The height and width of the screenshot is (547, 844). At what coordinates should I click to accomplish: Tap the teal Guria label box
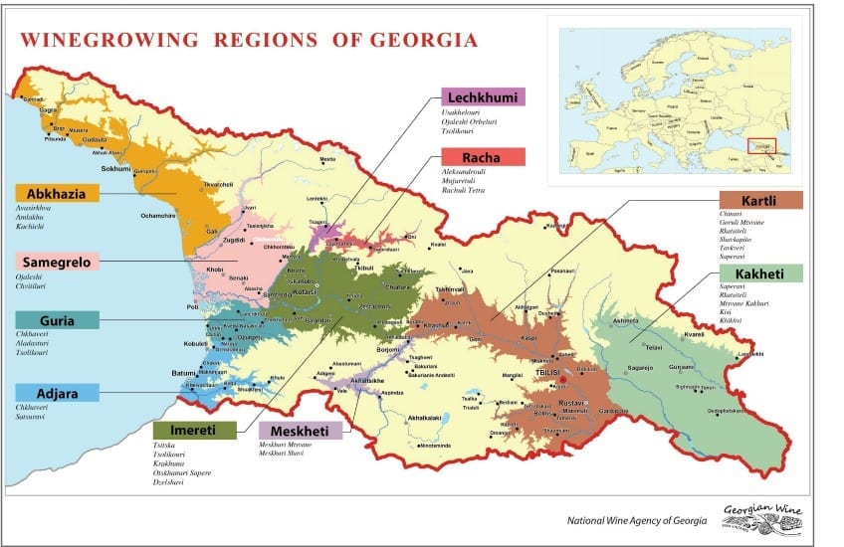point(57,320)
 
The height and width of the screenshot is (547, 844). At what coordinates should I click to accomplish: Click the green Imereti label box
point(195,430)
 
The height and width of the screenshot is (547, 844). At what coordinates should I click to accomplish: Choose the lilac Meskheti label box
point(300,430)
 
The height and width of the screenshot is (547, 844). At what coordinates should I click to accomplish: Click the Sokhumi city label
point(115,169)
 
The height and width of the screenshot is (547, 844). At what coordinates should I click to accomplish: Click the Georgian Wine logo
point(766,516)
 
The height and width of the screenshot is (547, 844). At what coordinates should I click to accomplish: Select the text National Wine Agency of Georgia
point(637,520)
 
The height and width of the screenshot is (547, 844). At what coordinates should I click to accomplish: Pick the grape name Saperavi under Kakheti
point(733,286)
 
